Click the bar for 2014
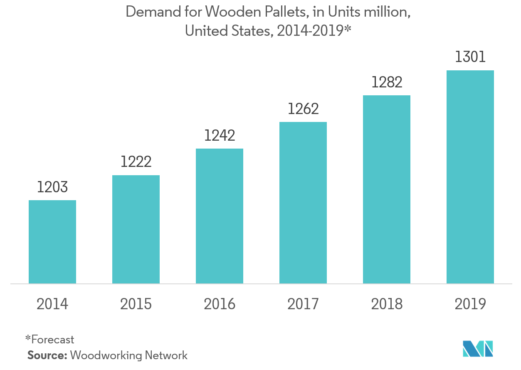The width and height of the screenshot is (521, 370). pos(52,242)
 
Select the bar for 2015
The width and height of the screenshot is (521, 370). pos(136,229)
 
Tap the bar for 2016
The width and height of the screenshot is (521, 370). pos(220,216)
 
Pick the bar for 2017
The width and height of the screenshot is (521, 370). pos(303,203)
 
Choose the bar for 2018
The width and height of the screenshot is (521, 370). pos(387,189)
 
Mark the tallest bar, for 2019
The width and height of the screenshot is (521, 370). pos(470,177)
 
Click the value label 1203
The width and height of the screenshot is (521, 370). pos(52,187)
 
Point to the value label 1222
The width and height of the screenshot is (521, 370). pos(136,162)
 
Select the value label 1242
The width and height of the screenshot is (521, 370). pos(220,135)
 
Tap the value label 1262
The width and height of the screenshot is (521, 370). pos(303,109)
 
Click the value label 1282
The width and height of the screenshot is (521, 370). pos(387,82)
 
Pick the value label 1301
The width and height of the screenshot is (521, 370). pos(470,57)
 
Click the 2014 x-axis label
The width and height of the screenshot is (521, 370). pos(52,304)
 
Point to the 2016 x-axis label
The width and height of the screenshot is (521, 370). pos(220,304)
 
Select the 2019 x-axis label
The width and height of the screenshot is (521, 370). pos(470,304)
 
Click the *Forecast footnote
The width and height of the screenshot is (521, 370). pos(49,339)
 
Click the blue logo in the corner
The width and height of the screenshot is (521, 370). pos(478,348)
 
